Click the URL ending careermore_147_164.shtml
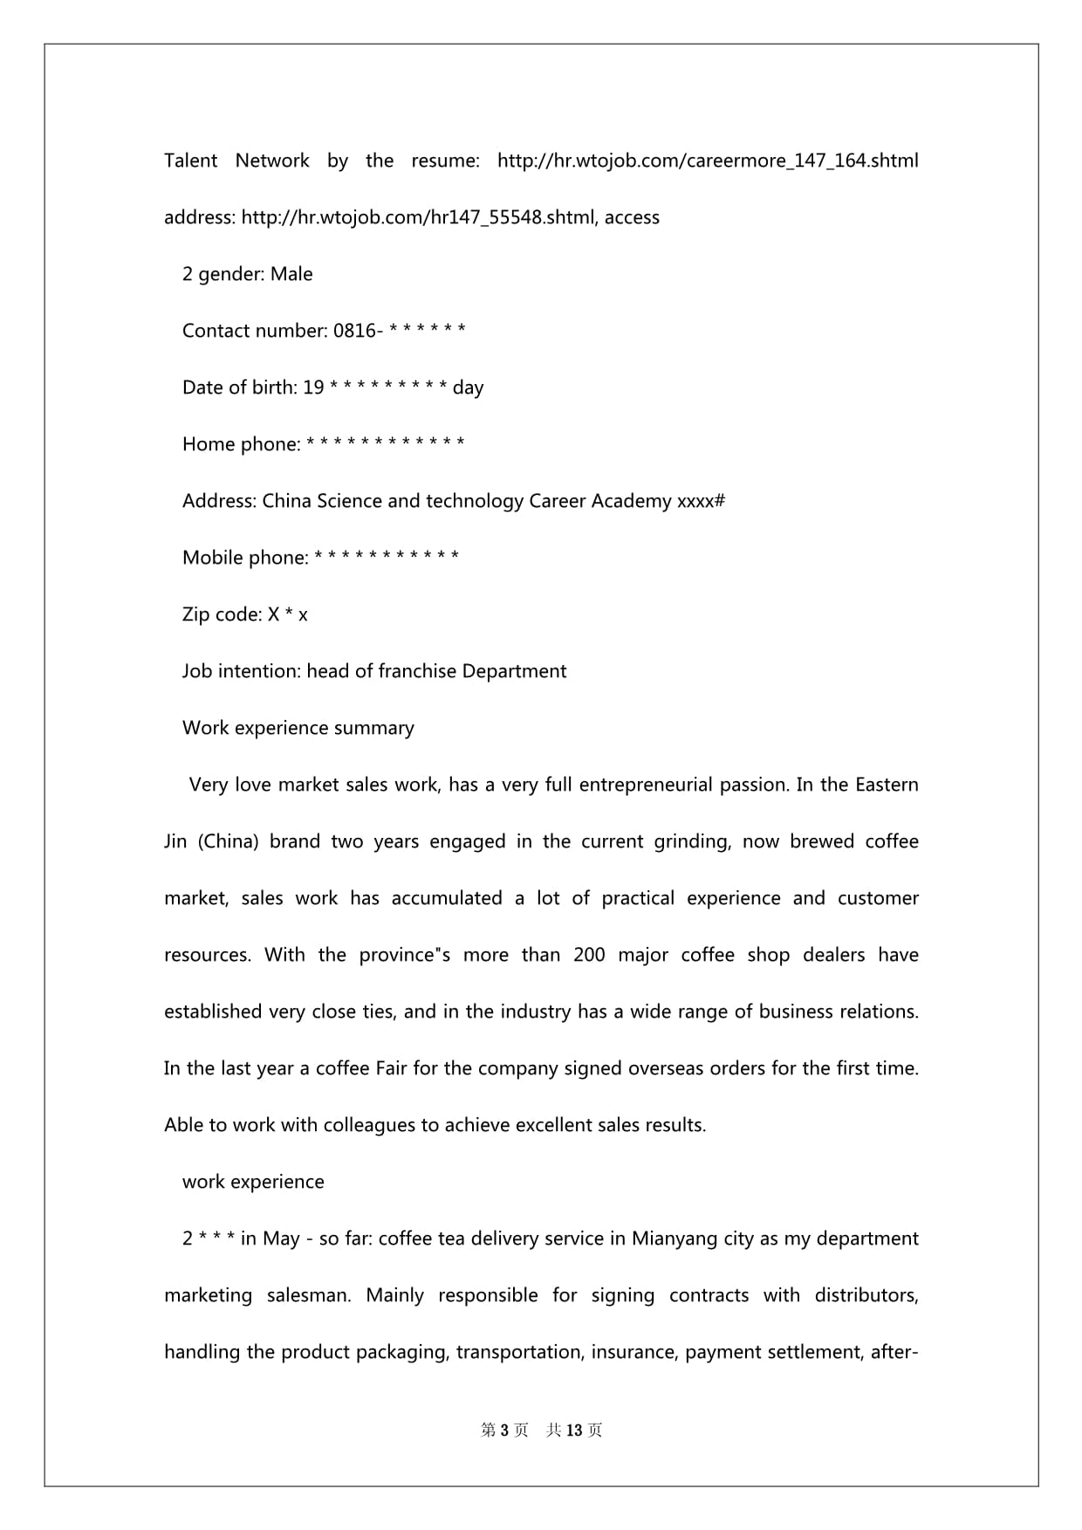coord(708,161)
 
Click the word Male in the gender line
coord(291,274)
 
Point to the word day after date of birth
coord(468,388)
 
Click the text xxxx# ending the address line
coord(701,501)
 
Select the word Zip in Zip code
coord(196,614)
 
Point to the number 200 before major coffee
coord(589,955)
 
